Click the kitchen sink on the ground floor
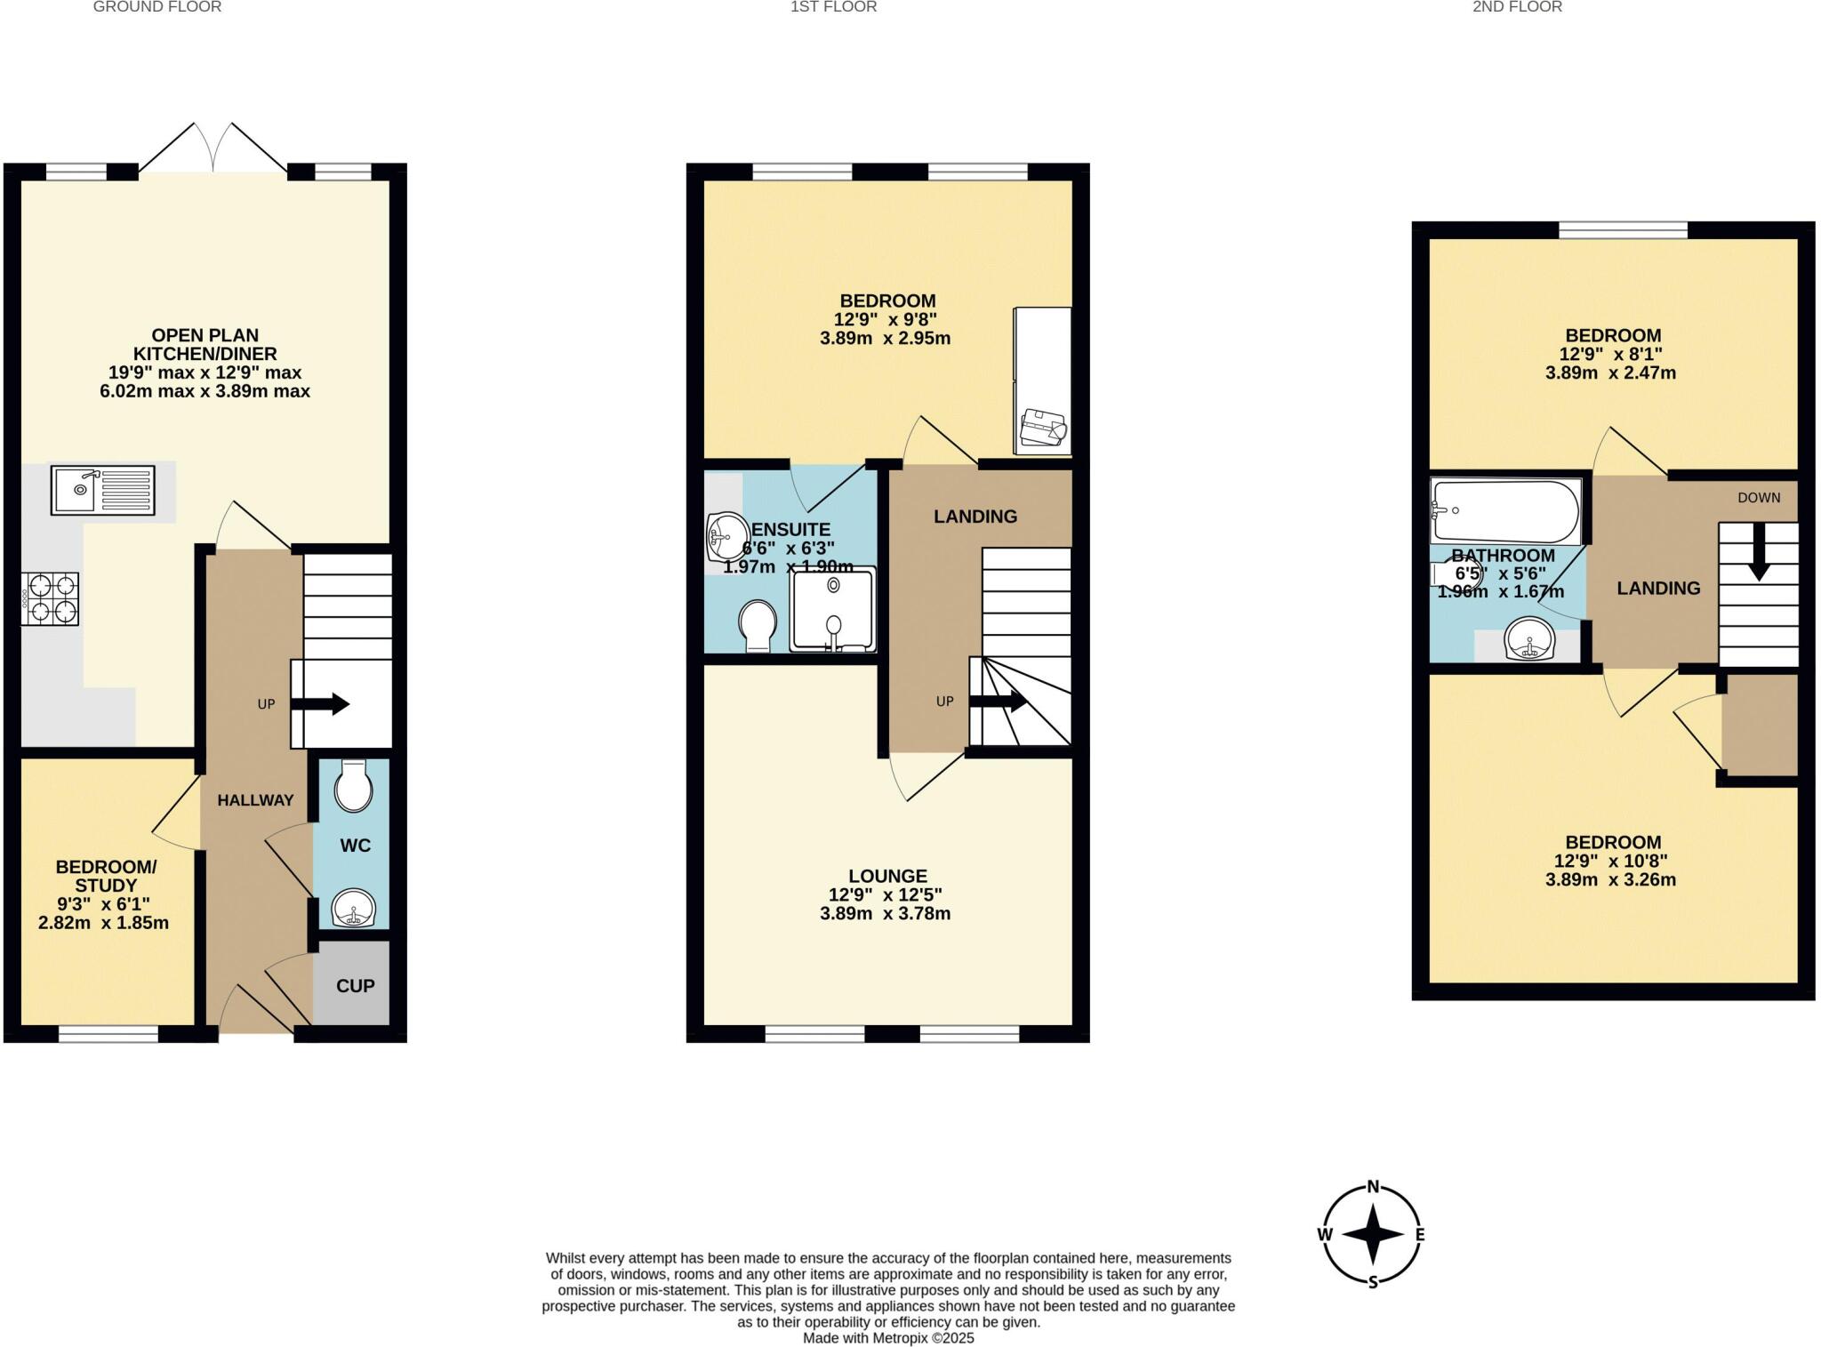103,490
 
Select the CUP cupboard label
355,985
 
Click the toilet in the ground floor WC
354,786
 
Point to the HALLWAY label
255,800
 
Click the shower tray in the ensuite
833,610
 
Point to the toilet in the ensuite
758,625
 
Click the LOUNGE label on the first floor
886,876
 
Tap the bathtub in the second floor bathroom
1504,512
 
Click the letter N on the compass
1373,1186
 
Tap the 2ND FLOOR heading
1517,7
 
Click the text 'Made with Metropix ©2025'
888,1338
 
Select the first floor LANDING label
975,517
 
